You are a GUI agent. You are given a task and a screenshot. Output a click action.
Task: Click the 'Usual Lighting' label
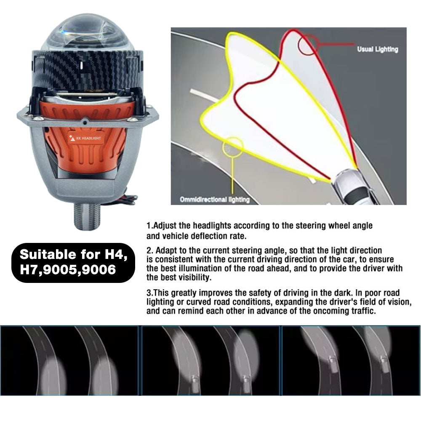pos(377,49)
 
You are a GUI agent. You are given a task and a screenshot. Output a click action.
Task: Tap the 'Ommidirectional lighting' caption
pos(215,200)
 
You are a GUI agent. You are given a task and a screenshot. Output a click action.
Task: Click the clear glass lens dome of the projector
pos(88,33)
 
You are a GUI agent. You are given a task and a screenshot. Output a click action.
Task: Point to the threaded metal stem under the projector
pos(87,216)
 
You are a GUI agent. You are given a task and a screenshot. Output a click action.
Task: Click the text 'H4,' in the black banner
pos(116,254)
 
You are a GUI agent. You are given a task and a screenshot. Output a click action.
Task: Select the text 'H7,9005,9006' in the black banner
pos(68,269)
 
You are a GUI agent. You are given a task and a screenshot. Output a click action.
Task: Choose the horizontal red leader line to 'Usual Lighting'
pos(336,44)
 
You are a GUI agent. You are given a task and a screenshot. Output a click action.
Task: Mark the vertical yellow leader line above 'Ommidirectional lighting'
pos(232,175)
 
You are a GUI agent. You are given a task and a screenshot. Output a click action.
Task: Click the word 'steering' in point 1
pos(312,226)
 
